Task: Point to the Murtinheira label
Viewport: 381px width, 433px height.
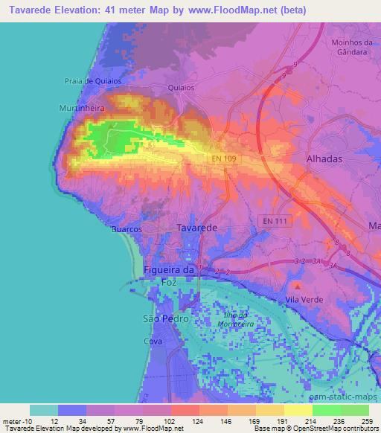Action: (83, 108)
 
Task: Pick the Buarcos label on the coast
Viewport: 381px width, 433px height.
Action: (127, 230)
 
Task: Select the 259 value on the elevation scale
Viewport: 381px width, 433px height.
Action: (366, 422)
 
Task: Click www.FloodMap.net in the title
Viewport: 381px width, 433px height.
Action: (222, 11)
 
